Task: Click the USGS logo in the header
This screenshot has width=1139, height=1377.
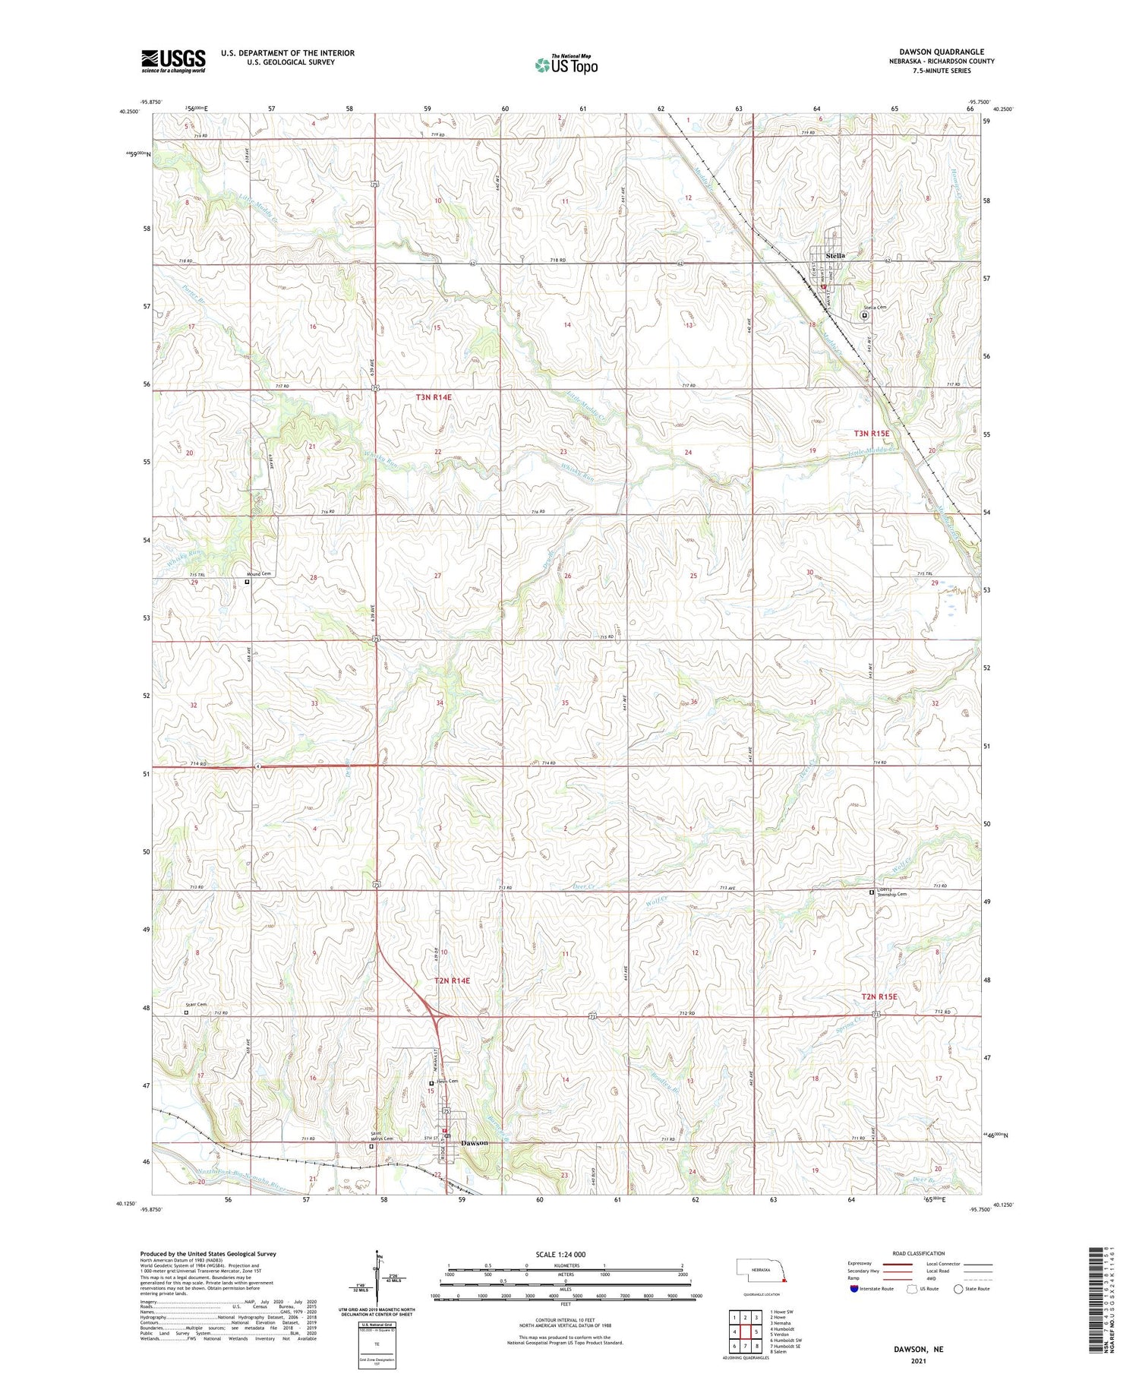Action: pos(173,61)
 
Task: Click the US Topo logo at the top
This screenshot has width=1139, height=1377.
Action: pos(566,65)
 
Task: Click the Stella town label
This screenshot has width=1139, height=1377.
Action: pos(835,256)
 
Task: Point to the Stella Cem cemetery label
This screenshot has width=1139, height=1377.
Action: pos(874,308)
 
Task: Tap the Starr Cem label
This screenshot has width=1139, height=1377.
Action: pos(196,1005)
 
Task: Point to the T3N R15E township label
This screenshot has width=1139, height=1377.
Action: pos(870,433)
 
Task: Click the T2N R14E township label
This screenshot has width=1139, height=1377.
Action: pos(452,981)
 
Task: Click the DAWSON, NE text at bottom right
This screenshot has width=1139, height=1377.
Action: pos(920,1349)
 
